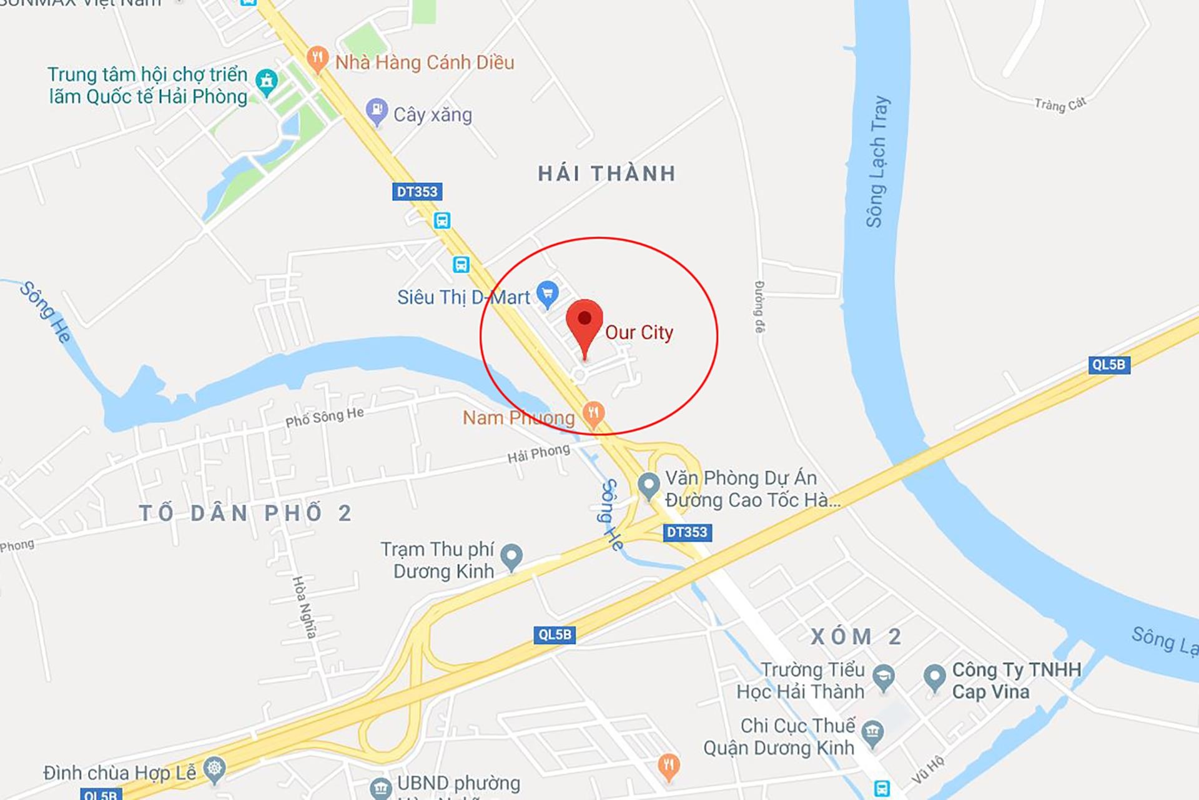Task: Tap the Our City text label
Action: click(x=639, y=332)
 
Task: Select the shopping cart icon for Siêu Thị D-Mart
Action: click(x=548, y=293)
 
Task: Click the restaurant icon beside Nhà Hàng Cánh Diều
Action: click(x=317, y=59)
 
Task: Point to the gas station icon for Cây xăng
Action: click(x=377, y=111)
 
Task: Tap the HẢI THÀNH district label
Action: click(x=607, y=174)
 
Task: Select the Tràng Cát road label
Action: click(x=1060, y=104)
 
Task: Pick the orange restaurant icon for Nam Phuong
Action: click(x=593, y=413)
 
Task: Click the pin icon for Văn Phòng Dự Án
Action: click(x=648, y=485)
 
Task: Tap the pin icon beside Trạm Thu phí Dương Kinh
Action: click(x=511, y=556)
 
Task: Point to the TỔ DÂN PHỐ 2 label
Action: click(x=245, y=513)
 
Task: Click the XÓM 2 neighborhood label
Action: click(x=856, y=637)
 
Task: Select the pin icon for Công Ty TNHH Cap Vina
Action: click(x=934, y=677)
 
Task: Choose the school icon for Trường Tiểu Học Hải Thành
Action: click(x=883, y=677)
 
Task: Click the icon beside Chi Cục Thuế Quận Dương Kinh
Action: click(x=872, y=732)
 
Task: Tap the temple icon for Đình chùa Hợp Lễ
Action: click(x=214, y=769)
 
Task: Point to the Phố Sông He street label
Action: click(x=325, y=417)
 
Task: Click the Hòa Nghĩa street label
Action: click(x=304, y=607)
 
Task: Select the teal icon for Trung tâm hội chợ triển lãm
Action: click(x=267, y=81)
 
